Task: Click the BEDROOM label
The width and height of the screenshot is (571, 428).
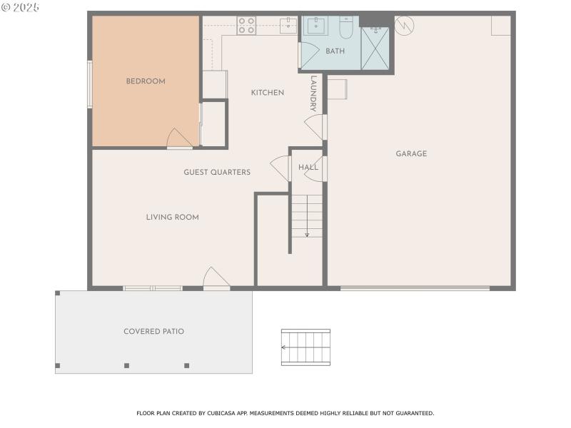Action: pos(146,81)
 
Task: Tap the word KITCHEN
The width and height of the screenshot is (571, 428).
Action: pos(268,93)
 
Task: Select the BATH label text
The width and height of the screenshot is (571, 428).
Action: pos(335,51)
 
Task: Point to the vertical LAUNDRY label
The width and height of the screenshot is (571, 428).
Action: pos(313,94)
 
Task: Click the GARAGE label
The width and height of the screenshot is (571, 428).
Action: pos(411,153)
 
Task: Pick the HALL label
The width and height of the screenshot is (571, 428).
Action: pos(308,167)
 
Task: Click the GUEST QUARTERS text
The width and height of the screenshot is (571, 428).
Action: pos(217,172)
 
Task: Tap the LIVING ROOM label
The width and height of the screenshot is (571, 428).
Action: pos(172,217)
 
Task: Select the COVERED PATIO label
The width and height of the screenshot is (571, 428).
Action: pos(153,331)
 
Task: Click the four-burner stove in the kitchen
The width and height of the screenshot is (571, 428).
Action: pos(247,26)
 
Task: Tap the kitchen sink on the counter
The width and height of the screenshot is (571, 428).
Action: pos(288,25)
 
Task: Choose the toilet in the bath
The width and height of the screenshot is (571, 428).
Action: pos(346,27)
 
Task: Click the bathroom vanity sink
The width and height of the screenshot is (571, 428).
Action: pos(315,26)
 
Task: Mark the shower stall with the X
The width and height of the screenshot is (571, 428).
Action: pos(375,49)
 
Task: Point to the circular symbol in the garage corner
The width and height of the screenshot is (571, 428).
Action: pos(405,26)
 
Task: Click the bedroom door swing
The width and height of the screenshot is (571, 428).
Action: pos(178,138)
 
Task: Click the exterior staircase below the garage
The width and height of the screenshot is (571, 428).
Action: pos(305,347)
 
